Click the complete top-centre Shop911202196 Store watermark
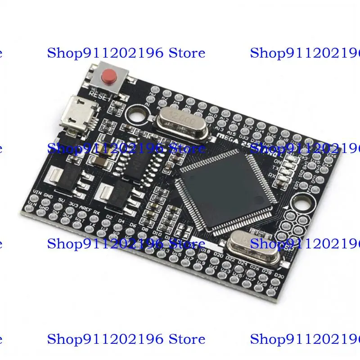tap(126, 53)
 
